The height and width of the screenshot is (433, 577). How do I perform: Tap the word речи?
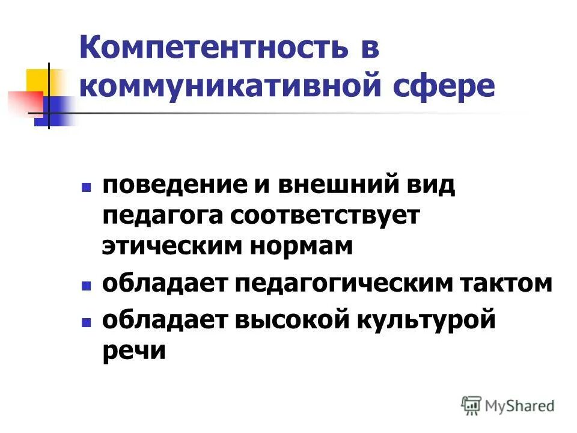tap(133, 351)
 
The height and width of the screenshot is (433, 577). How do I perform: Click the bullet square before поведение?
tap(87, 188)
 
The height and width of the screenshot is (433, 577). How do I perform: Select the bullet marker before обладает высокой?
tap(87, 322)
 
